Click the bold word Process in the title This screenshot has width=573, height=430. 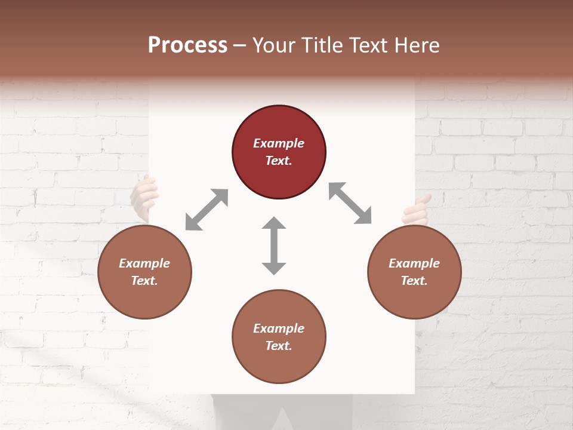187,45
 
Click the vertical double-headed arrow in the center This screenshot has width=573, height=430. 274,245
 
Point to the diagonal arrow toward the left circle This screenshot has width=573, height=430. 207,209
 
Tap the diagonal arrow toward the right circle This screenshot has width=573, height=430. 350,203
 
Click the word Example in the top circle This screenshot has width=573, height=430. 279,143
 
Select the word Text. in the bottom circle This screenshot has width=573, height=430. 279,346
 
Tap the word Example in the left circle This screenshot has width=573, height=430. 144,263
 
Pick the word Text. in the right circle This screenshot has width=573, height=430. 414,281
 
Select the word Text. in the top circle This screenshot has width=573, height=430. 279,161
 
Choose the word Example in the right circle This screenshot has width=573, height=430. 414,263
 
